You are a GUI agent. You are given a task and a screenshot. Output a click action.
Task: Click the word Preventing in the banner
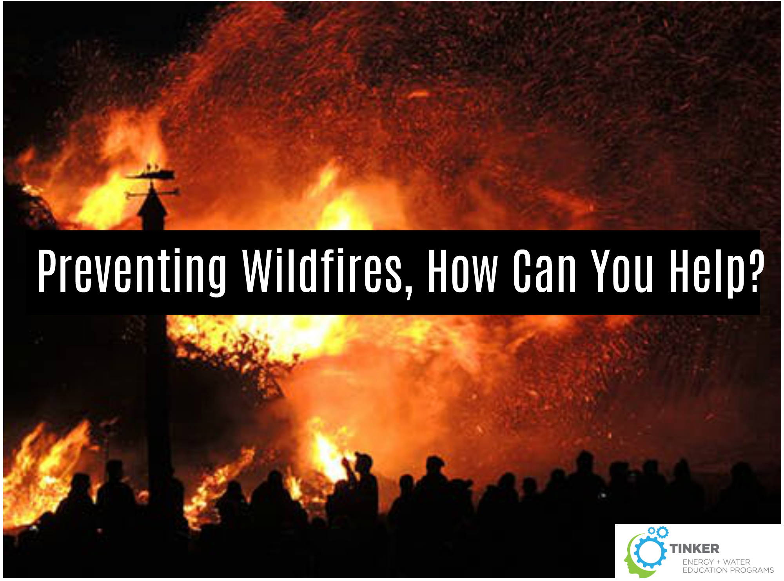click(132, 271)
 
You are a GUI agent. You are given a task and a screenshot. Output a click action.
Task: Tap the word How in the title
click(463, 271)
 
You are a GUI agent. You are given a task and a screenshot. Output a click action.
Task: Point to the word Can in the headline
click(544, 271)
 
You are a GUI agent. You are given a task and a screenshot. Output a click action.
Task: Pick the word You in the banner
click(622, 271)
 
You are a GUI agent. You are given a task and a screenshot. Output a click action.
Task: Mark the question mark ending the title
click(756, 271)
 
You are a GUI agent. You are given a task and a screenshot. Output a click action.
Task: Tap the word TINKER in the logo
click(694, 548)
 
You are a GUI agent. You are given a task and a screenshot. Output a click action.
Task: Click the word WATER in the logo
click(737, 562)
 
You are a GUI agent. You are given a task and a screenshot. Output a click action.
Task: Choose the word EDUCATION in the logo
click(705, 570)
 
